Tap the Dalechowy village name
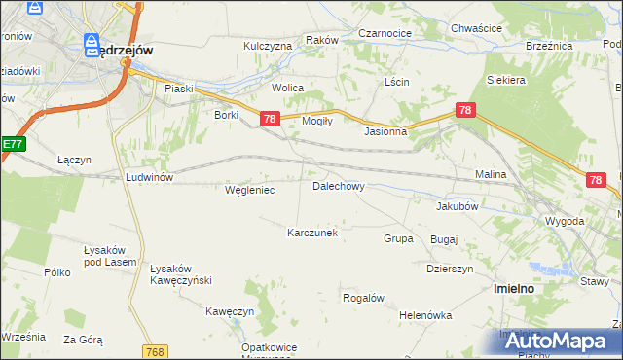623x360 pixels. tap(338, 185)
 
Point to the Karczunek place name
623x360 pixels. tap(311, 233)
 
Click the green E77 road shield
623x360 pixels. tap(12, 144)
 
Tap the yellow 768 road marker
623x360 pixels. tap(154, 351)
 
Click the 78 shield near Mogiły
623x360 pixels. tap(270, 118)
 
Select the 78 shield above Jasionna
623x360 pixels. tap(465, 110)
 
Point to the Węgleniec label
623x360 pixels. tap(249, 190)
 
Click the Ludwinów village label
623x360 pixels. tap(149, 177)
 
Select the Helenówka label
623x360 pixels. tap(425, 315)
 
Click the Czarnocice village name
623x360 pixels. tap(385, 32)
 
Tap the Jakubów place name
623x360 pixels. tap(458, 206)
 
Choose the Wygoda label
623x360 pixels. tap(565, 221)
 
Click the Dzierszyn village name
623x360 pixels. tap(450, 269)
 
